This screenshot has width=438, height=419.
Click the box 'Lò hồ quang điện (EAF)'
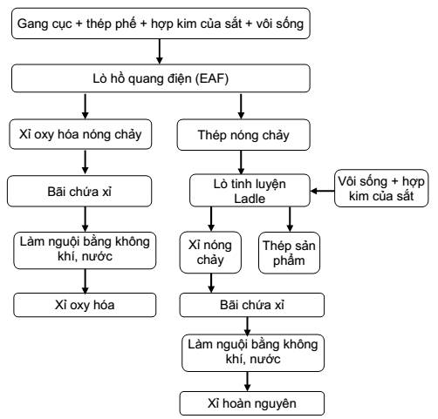[161, 78]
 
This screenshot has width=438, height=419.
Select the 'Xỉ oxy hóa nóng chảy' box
[80, 134]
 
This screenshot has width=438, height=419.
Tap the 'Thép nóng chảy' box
[243, 135]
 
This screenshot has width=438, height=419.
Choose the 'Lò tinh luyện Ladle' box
[250, 191]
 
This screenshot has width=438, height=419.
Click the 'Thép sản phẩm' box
[289, 253]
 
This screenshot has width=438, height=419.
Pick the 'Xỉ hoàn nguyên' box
[252, 403]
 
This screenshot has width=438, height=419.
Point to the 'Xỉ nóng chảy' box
[210, 252]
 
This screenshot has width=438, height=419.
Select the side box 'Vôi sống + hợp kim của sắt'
[381, 188]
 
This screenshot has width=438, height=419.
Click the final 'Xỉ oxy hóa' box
[85, 305]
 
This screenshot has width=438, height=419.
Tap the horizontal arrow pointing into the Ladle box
[322, 191]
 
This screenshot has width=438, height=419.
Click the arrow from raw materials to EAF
[160, 51]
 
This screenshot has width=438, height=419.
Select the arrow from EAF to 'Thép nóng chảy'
[241, 106]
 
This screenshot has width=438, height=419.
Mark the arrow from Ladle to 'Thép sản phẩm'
[290, 220]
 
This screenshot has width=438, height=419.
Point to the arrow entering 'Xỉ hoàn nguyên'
[248, 382]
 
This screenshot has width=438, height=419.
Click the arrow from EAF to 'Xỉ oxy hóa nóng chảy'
[85, 106]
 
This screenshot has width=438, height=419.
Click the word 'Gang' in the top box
[30, 24]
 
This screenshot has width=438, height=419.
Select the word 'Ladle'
[250, 199]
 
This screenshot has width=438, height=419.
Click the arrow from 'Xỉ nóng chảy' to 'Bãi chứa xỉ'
[211, 283]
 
